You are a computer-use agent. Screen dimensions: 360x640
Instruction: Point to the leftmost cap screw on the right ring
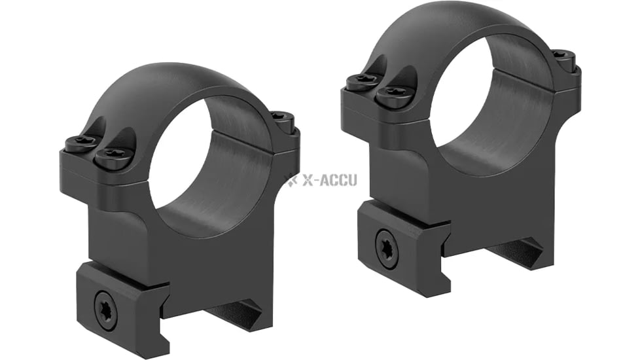363,81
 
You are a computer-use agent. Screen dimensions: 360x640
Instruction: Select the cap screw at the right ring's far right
560,57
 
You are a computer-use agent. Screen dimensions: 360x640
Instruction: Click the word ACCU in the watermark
340,180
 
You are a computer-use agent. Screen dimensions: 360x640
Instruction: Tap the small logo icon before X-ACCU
292,180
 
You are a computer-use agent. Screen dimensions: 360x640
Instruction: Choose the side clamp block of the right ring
399,245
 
